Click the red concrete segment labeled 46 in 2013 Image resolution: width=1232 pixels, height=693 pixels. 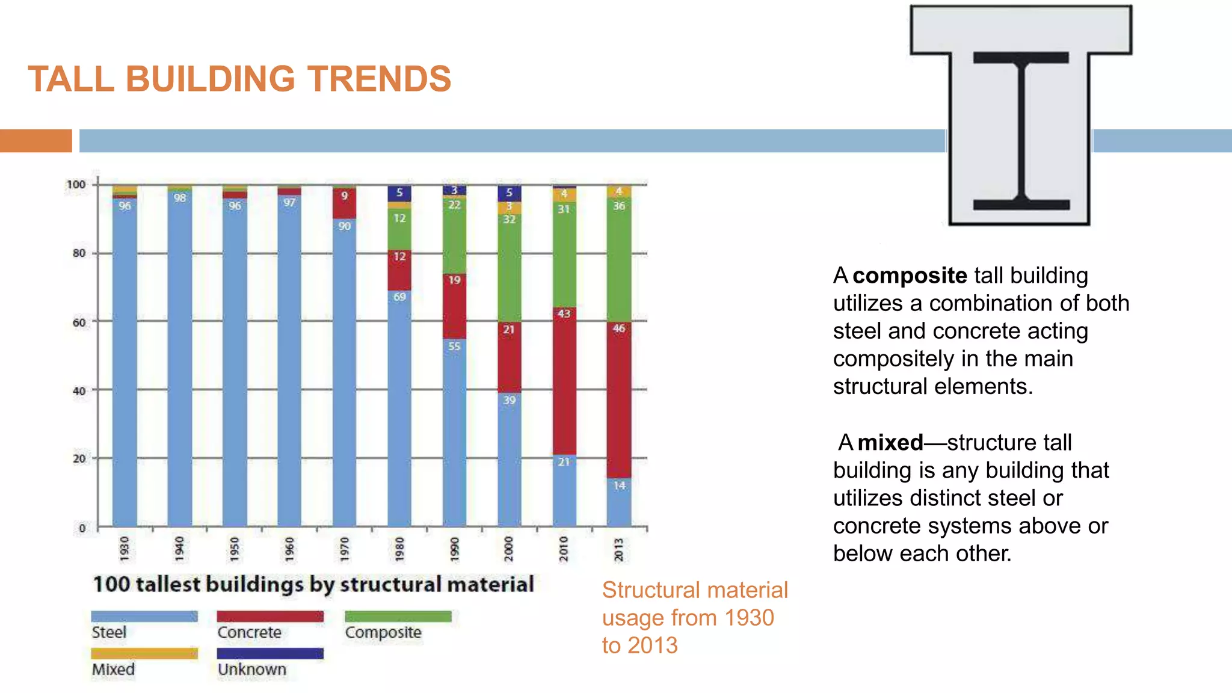click(619, 400)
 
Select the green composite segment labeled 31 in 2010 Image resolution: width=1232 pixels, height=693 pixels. click(564, 255)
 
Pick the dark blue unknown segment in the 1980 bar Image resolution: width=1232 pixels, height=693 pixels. click(399, 193)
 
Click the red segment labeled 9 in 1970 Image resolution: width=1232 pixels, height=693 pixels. click(344, 203)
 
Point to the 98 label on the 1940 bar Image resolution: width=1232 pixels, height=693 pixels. click(180, 198)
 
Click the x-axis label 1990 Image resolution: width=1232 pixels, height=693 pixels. click(454, 549)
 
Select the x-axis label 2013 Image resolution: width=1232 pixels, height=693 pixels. click(619, 549)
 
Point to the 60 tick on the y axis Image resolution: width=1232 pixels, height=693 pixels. click(79, 322)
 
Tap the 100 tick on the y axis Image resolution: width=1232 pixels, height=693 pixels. click(76, 185)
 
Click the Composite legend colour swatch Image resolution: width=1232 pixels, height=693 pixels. click(398, 617)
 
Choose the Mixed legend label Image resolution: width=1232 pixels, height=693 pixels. click(113, 670)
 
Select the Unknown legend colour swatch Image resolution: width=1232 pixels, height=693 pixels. click(270, 653)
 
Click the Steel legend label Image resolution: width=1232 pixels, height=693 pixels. click(109, 632)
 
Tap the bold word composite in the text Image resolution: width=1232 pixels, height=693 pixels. click(910, 276)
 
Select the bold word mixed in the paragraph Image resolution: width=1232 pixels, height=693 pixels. click(890, 443)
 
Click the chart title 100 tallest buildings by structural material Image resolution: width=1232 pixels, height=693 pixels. click(313, 584)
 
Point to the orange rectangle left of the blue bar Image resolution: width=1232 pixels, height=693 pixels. click(35, 141)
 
